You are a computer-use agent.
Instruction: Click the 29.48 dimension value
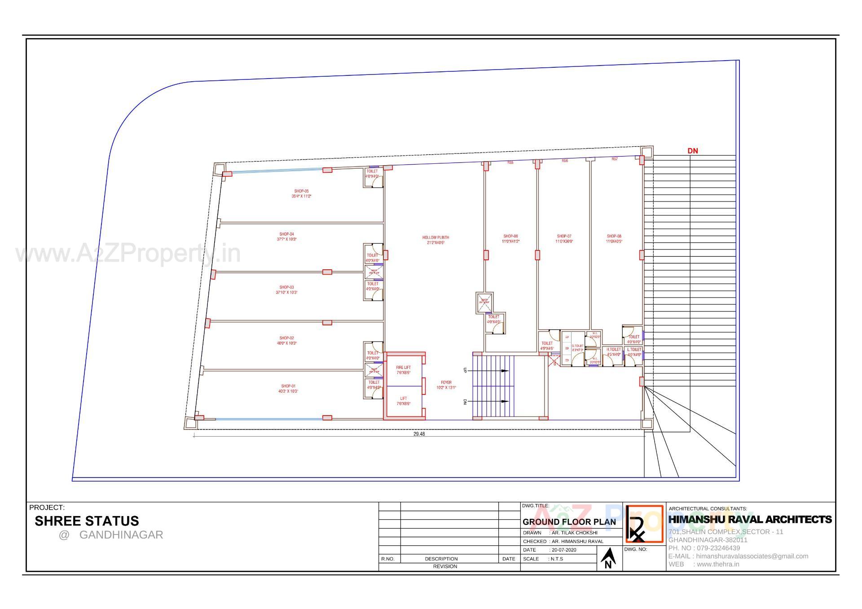coord(419,434)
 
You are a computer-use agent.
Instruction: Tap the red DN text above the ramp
coord(693,151)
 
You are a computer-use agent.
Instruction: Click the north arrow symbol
coord(608,558)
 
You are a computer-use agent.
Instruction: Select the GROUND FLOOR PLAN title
coord(569,522)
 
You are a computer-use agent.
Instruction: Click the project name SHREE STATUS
coord(87,521)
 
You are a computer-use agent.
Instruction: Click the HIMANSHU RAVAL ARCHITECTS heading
coord(750,519)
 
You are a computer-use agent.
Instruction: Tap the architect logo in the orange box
coord(644,524)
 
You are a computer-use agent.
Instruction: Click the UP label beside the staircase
coord(465,370)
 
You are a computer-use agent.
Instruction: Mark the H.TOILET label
coord(614,350)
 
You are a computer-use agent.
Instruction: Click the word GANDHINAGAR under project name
coord(121,535)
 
